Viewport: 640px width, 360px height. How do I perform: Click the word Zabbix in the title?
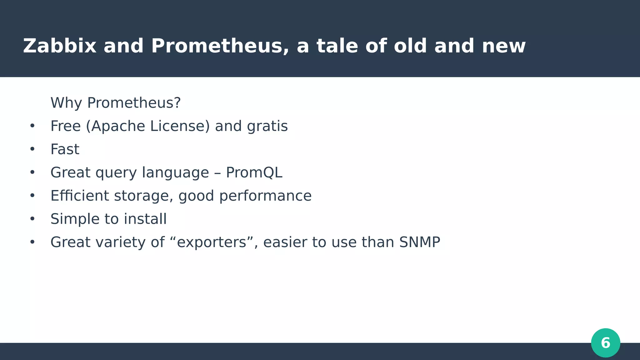click(59, 46)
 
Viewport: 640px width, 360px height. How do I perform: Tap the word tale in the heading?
click(337, 46)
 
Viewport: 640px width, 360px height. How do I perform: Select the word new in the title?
click(503, 46)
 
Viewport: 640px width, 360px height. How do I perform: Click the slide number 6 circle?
click(605, 343)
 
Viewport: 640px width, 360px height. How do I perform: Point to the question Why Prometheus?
click(116, 103)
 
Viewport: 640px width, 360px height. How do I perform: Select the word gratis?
click(267, 126)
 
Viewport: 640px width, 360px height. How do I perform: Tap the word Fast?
click(65, 149)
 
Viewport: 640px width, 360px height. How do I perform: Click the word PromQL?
click(254, 172)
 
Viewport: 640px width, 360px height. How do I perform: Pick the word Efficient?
click(80, 196)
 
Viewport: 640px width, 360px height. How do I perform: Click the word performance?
click(265, 196)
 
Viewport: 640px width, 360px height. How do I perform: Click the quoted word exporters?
click(212, 242)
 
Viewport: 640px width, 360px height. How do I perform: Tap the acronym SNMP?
click(419, 242)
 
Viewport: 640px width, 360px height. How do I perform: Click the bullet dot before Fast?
click(32, 149)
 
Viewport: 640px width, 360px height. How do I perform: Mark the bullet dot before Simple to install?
click(32, 219)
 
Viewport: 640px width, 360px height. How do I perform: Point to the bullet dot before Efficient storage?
click(32, 196)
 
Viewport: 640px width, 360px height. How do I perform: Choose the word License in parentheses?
click(180, 126)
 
